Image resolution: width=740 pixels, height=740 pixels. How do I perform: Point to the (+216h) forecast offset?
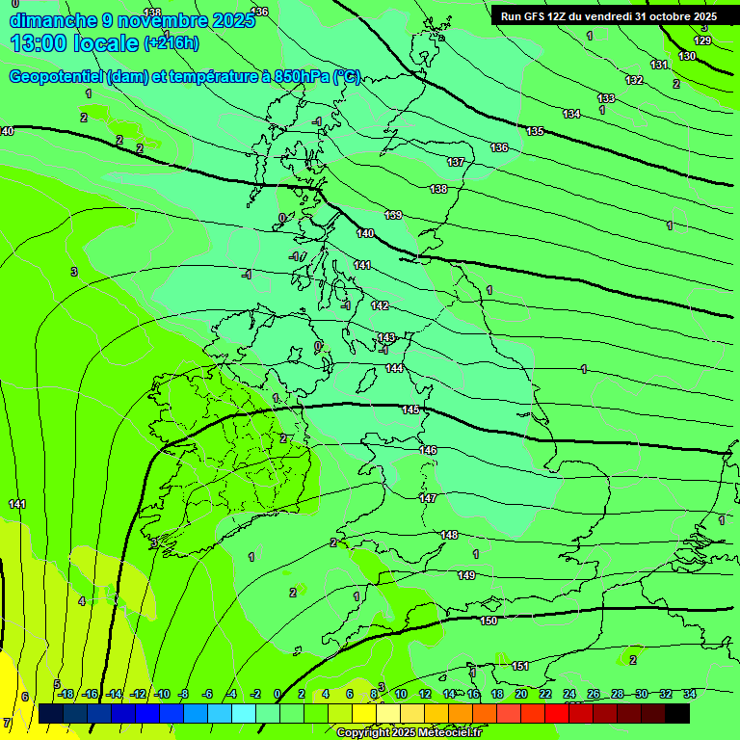tap(172, 43)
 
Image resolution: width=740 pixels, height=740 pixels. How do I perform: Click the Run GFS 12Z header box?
tap(608, 16)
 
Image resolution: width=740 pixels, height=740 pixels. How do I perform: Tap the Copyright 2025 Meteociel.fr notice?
tap(409, 733)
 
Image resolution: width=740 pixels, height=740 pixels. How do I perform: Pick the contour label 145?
tap(410, 410)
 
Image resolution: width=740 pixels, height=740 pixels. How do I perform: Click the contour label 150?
tap(489, 621)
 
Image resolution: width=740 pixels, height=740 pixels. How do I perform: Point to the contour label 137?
tap(456, 162)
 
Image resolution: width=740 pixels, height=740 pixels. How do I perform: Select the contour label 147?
tap(428, 498)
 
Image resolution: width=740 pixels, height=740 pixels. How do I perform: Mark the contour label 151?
tap(520, 666)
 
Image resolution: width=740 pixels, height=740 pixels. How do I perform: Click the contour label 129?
tap(703, 40)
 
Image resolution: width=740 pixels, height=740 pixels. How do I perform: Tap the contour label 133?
tap(606, 98)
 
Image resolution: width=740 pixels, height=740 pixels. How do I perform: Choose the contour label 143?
tap(386, 337)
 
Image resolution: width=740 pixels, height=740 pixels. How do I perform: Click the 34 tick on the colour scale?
tap(689, 694)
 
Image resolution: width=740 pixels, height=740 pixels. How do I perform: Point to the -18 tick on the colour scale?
tap(66, 694)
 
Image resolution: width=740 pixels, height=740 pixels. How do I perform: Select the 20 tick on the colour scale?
tap(520, 694)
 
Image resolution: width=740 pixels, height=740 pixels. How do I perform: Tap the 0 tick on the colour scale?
tap(277, 694)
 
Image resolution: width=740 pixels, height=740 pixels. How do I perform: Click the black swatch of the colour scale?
tap(676, 713)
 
